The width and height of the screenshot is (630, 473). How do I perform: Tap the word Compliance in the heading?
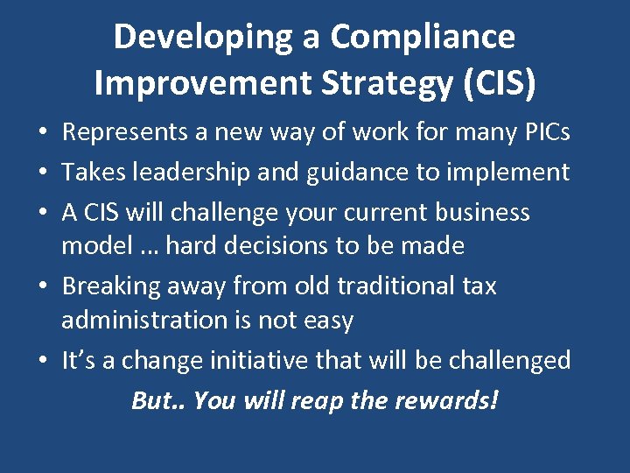[423, 39]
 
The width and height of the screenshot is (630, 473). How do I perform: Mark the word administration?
[146, 320]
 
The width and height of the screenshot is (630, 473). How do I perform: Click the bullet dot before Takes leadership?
[42, 173]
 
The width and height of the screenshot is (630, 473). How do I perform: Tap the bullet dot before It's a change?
[42, 361]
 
